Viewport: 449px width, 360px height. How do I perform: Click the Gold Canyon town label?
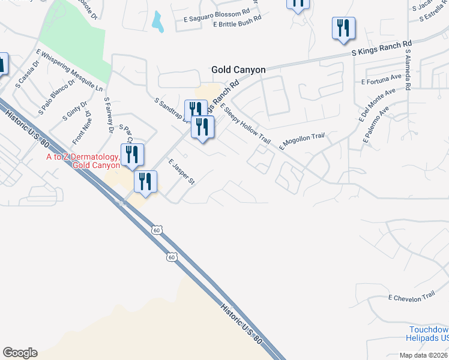click(x=238, y=70)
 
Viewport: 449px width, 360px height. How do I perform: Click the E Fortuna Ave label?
click(x=381, y=79)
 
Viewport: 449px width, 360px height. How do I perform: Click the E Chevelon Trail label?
click(x=411, y=296)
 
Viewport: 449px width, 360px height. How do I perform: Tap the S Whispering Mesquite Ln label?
click(x=69, y=70)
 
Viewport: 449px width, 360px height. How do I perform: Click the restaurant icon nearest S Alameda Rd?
click(x=343, y=28)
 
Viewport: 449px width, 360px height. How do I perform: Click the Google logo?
click(x=20, y=353)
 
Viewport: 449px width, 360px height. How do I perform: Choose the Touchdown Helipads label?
click(x=429, y=334)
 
